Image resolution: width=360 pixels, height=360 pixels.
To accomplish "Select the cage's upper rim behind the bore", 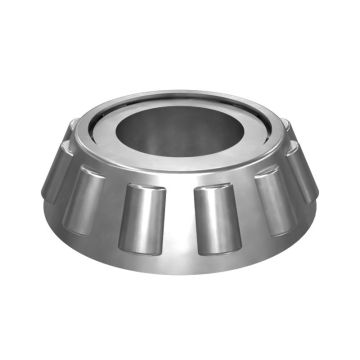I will [180, 97].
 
